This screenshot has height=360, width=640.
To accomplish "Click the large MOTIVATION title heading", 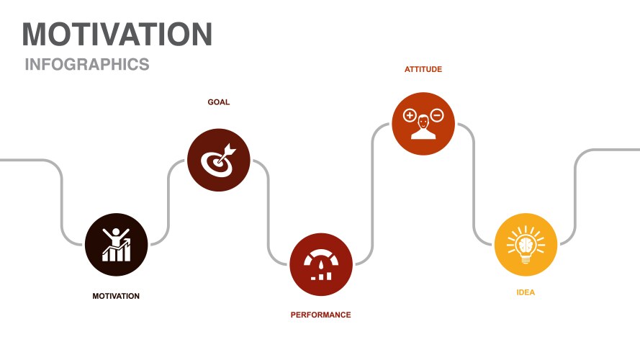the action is tap(117, 35).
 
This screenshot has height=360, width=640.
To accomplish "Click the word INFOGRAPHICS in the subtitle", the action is tap(87, 65).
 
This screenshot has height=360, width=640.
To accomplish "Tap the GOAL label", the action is tap(219, 102).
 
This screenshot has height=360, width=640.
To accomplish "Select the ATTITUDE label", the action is tap(423, 69).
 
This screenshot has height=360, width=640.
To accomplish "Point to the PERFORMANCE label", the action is tap(321, 315).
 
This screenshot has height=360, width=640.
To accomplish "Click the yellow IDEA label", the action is tap(526, 292).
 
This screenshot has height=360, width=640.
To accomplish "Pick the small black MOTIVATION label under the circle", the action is tap(116, 296).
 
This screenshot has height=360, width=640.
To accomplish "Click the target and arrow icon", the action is tap(219, 161).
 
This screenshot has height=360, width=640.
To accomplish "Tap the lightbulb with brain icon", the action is tap(526, 245).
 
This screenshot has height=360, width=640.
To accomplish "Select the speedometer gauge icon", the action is tap(321, 265).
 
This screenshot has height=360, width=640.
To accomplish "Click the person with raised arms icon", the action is tap(117, 245).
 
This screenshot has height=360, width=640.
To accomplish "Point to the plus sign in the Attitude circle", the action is tap(410, 115).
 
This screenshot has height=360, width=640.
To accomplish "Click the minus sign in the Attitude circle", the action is tap(437, 115).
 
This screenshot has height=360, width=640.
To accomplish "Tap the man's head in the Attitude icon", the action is tap(423, 122).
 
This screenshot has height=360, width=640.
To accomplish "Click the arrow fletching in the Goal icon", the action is tap(230, 150).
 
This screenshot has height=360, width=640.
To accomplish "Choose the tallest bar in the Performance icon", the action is tap(328, 276).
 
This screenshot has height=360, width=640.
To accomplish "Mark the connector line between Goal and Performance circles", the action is tap(268, 212).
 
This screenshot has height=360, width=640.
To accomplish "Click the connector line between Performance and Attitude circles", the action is tap(372, 194).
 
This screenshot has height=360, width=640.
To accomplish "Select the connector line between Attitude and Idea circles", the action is tap(474, 184).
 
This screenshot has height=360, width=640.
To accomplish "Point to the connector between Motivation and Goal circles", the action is tap(168, 202).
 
